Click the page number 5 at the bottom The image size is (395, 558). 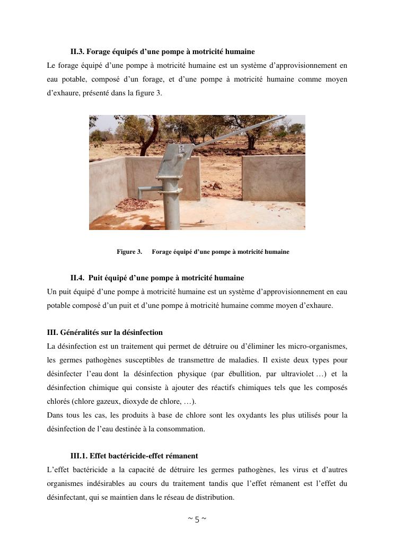point(197,519)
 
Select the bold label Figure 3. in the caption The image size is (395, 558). point(129,252)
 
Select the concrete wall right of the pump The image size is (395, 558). point(274,178)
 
